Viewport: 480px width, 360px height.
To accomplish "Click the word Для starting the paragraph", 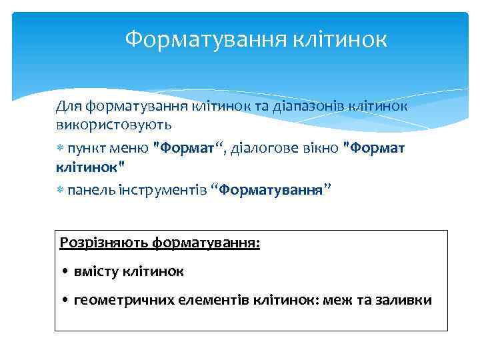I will coord(68,106).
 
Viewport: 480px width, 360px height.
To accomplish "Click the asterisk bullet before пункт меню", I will coord(60,149).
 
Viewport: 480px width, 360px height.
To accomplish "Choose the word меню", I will coord(131,148).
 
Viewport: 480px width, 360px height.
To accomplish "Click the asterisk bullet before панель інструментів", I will coord(60,191).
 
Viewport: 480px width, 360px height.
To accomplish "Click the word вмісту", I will coord(97,272).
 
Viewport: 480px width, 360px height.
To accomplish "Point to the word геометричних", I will coord(124,301).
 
